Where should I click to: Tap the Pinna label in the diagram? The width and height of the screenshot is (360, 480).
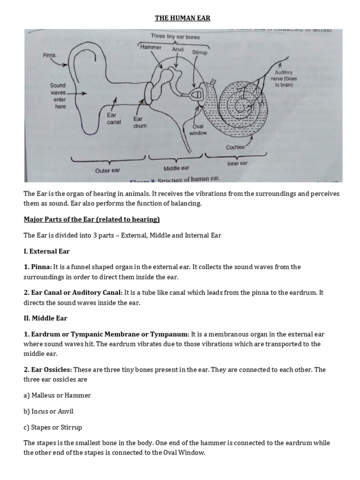pyautogui.click(x=49, y=55)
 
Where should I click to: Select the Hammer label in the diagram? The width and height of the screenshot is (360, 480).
pyautogui.click(x=150, y=47)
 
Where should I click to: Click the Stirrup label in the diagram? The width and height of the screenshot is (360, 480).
pyautogui.click(x=200, y=53)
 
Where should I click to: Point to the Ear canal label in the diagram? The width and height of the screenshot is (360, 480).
pyautogui.click(x=114, y=118)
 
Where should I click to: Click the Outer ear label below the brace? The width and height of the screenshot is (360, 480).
pyautogui.click(x=108, y=171)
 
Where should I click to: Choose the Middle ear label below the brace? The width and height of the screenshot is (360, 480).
pyautogui.click(x=176, y=168)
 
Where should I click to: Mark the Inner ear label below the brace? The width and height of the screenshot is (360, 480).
pyautogui.click(x=237, y=164)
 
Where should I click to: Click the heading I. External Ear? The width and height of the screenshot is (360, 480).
pyautogui.click(x=47, y=252)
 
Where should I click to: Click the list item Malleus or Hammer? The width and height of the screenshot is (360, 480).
pyautogui.click(x=57, y=395)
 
